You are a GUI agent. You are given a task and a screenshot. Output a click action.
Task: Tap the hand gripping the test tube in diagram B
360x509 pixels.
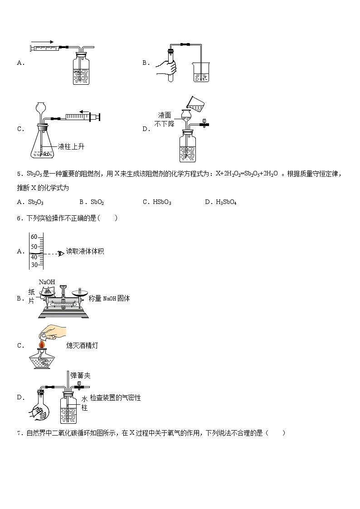[x=166, y=68]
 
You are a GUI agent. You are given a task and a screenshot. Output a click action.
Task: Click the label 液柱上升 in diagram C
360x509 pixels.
[x=71, y=146]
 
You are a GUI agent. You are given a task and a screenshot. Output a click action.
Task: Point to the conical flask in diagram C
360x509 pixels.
[x=42, y=145]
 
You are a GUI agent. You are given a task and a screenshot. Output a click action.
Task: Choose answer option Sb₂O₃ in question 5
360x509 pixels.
[x=35, y=202]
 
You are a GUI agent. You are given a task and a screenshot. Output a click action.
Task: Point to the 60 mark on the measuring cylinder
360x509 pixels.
[x=34, y=237]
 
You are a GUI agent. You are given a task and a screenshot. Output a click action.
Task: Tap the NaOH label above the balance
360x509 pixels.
[x=47, y=282]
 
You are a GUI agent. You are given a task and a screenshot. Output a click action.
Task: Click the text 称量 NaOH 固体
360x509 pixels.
[x=109, y=298]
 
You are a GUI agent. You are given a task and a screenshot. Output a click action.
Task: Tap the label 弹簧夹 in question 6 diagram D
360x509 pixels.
[x=81, y=375]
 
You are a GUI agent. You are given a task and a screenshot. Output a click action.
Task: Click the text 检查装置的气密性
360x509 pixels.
[x=115, y=398]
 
